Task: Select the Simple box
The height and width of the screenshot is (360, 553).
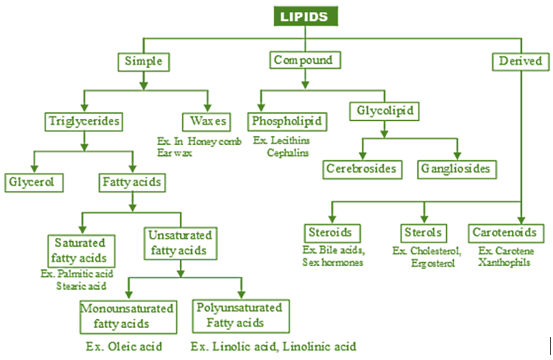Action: coord(143,61)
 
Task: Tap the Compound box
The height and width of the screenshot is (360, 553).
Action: coord(303,61)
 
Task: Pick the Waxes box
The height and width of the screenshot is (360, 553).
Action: coord(209,120)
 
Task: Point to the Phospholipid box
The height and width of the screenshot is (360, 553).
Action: coord(287,120)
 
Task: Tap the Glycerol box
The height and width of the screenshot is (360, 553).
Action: coord(33,182)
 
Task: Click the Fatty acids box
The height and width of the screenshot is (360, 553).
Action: coord(132,182)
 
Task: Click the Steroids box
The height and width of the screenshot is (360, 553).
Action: coord(331,233)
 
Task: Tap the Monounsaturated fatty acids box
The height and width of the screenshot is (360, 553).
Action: coord(128,316)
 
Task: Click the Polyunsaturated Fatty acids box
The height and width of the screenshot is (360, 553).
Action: coord(240,316)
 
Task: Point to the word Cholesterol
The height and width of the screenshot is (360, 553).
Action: coord(437,252)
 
